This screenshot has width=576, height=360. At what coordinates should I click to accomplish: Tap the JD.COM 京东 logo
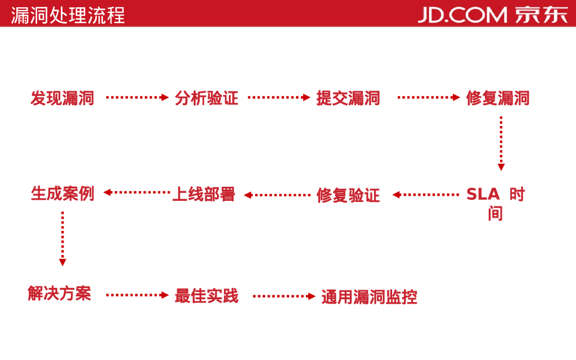tap(493, 14)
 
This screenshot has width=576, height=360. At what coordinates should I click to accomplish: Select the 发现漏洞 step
tap(62, 98)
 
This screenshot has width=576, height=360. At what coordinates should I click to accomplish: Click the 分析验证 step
tap(206, 98)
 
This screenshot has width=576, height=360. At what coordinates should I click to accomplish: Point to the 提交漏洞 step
tap(348, 98)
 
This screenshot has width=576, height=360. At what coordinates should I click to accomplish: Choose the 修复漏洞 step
tap(498, 98)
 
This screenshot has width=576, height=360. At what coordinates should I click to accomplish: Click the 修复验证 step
tap(348, 195)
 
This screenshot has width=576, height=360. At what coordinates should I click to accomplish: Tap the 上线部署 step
tap(203, 194)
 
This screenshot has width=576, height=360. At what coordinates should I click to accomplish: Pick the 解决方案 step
tap(59, 293)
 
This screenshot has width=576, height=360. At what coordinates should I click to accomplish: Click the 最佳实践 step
tap(206, 295)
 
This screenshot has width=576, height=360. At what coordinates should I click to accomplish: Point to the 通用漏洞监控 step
tap(369, 296)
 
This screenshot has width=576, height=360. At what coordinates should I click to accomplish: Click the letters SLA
tap(483, 195)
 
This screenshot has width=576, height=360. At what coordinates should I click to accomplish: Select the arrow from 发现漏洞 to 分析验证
tap(137, 97)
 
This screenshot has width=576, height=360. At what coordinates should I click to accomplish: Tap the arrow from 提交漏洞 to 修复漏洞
tap(429, 97)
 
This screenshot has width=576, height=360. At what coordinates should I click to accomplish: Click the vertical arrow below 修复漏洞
tap(501, 143)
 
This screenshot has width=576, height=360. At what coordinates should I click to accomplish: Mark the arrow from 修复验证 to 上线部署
tap(277, 195)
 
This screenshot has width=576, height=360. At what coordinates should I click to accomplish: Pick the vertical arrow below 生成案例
tap(62, 238)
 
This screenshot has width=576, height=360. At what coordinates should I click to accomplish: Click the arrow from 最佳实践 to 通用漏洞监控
tap(284, 296)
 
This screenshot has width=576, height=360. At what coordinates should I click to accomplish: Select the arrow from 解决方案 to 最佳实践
tap(137, 295)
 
